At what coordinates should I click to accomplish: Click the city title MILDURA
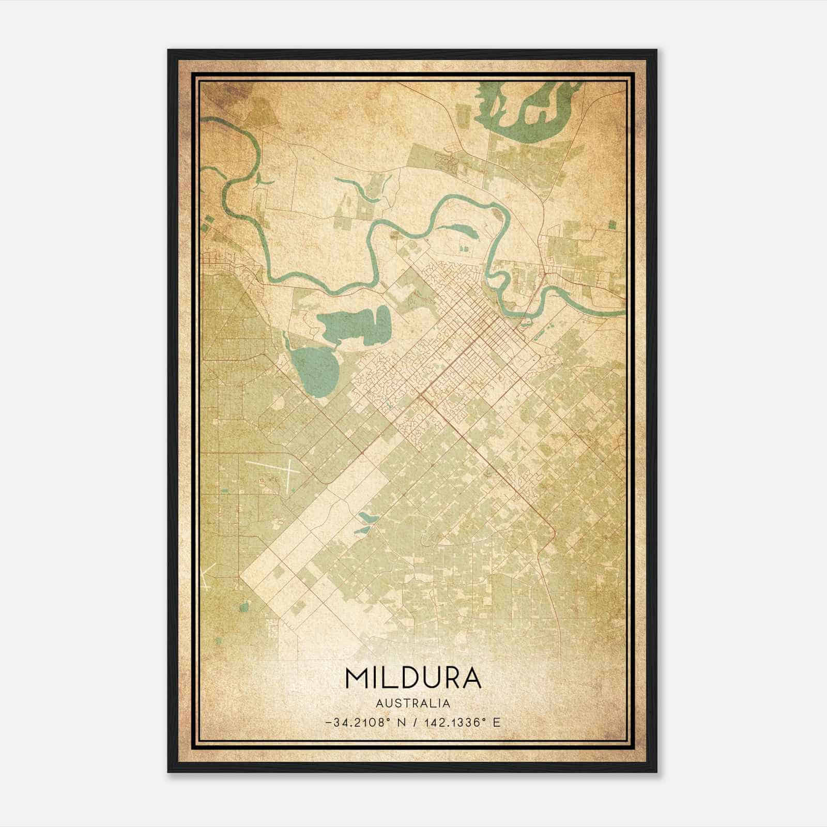pyautogui.click(x=412, y=678)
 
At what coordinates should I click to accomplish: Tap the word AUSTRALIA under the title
pyautogui.click(x=412, y=703)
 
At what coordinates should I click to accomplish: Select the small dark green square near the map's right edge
pyautogui.click(x=613, y=224)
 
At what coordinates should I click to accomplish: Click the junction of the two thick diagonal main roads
pyautogui.click(x=422, y=396)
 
